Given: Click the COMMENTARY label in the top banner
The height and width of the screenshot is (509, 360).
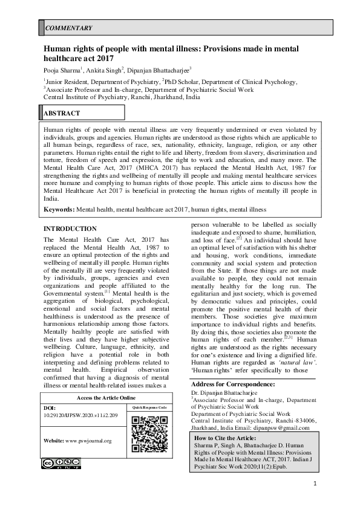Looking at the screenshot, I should (69, 28).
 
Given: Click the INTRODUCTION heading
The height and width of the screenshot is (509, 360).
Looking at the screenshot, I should (71, 229).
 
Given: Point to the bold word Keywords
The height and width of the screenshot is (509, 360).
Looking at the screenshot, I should (59, 209).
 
